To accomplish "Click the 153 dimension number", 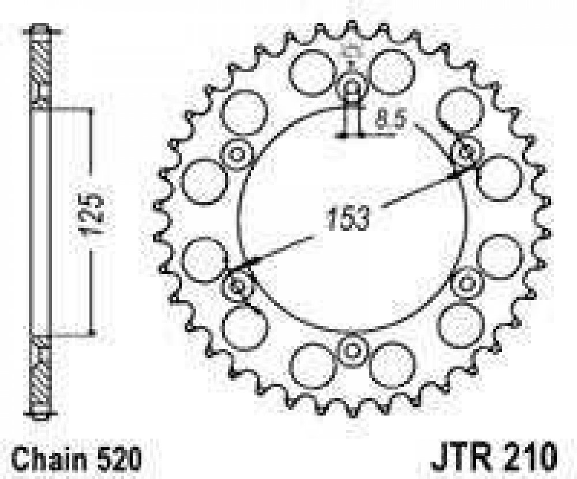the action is (348, 218).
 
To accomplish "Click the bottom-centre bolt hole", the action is (352, 350).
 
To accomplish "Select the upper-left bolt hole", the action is (237, 154).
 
